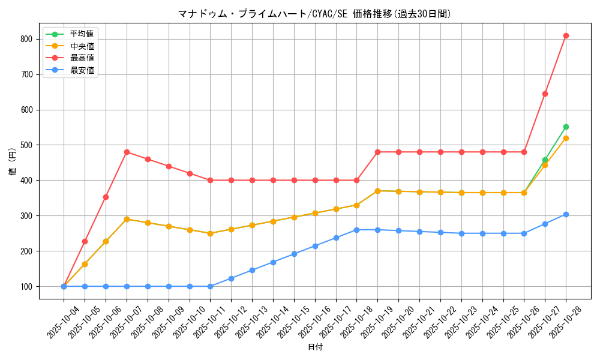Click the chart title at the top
click(314, 14)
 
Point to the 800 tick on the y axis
click(28, 39)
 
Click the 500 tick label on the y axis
click(28, 145)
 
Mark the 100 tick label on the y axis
click(28, 286)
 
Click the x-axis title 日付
click(314, 347)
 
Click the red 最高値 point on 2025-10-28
click(566, 35)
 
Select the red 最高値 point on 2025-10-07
click(127, 152)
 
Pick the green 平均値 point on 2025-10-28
click(566, 127)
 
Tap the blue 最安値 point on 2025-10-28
click(566, 214)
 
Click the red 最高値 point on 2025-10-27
click(545, 94)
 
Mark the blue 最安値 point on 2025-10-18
click(356, 230)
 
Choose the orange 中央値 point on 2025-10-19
click(377, 191)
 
